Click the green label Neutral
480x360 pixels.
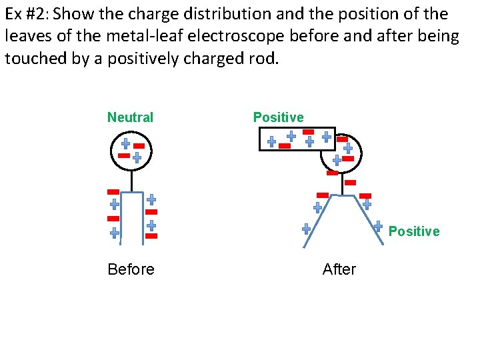point(130,118)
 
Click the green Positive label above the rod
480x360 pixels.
point(278,118)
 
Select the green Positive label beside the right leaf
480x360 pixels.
point(413,231)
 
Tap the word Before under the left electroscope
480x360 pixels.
point(131,269)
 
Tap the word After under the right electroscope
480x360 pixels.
point(339,269)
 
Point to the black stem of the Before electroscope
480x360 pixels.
point(131,181)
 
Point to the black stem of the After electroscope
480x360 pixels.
point(341,184)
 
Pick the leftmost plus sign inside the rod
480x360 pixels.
point(271,141)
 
